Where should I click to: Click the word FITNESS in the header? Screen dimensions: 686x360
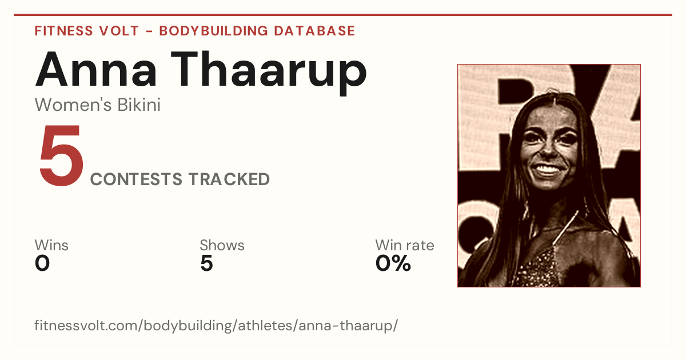pyautogui.click(x=63, y=31)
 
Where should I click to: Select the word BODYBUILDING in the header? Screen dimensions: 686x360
pyautogui.click(x=214, y=31)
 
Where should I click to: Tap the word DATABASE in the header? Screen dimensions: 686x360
pyautogui.click(x=314, y=31)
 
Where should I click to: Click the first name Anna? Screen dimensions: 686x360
pyautogui.click(x=97, y=70)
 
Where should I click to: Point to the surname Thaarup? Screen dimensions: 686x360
pyautogui.click(x=269, y=73)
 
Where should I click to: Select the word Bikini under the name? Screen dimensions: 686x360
pyautogui.click(x=139, y=105)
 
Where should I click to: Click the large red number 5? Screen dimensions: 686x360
pyautogui.click(x=61, y=155)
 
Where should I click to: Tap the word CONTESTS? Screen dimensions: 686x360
pyautogui.click(x=136, y=179)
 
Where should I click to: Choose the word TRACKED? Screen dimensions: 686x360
pyautogui.click(x=229, y=179)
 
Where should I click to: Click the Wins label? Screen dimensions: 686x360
pyautogui.click(x=51, y=245)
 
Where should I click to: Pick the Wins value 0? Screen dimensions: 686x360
pyautogui.click(x=42, y=263)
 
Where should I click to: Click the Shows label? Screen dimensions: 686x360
pyautogui.click(x=222, y=245)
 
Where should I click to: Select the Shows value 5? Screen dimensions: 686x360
pyautogui.click(x=206, y=263)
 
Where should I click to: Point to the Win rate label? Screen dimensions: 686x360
pyautogui.click(x=405, y=245)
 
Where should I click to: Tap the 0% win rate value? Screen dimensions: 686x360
pyautogui.click(x=393, y=263)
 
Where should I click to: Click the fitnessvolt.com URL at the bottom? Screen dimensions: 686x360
pyautogui.click(x=216, y=326)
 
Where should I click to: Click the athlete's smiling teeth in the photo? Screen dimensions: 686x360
pyautogui.click(x=547, y=169)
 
